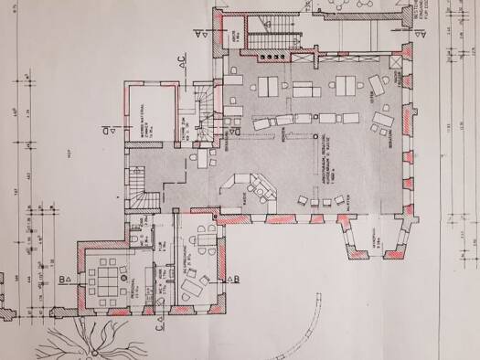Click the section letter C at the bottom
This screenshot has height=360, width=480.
[x=158, y=321]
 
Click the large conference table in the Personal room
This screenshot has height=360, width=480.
[x=111, y=274]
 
